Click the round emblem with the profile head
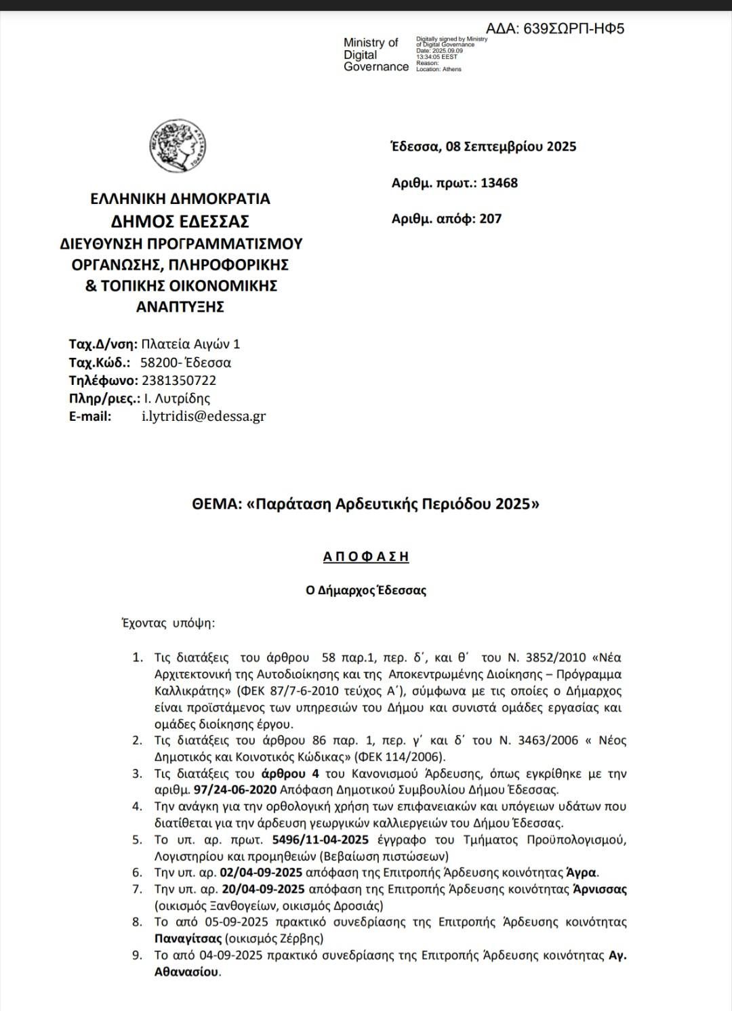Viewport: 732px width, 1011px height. pyautogui.click(x=178, y=146)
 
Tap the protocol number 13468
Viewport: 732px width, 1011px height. pyautogui.click(x=499, y=183)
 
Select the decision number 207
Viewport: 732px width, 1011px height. pyautogui.click(x=490, y=219)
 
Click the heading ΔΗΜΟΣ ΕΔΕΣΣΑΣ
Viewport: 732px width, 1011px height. pyautogui.click(x=180, y=222)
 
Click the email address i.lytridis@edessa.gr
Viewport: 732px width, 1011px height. pyautogui.click(x=203, y=417)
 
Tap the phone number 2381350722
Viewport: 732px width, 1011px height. pyautogui.click(x=179, y=381)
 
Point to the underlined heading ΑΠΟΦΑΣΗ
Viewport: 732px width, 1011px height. pyautogui.click(x=366, y=557)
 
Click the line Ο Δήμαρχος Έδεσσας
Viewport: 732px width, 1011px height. pyautogui.click(x=366, y=590)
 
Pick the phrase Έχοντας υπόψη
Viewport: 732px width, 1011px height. pyautogui.click(x=167, y=623)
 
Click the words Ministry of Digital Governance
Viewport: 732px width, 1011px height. pyautogui.click(x=375, y=55)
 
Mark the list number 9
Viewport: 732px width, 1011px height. pyautogui.click(x=138, y=955)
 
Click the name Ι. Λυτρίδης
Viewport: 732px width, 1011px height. pyautogui.click(x=177, y=398)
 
